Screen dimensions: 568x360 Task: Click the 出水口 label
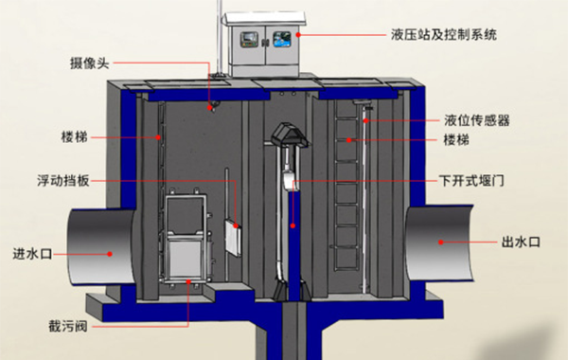click(x=520, y=243)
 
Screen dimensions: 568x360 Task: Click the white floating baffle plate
click(x=231, y=231)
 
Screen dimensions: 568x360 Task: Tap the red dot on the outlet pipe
click(x=439, y=243)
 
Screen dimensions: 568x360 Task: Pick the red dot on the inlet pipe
click(x=110, y=252)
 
